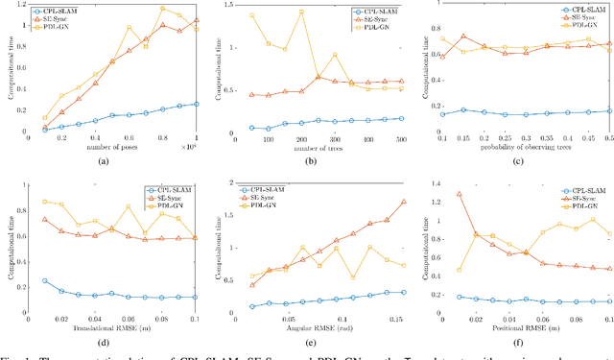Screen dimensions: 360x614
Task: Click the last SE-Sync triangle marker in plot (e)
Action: click(402, 202)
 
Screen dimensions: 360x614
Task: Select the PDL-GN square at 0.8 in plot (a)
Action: click(162, 9)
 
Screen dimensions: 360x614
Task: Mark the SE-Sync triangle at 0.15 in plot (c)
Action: click(464, 36)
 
